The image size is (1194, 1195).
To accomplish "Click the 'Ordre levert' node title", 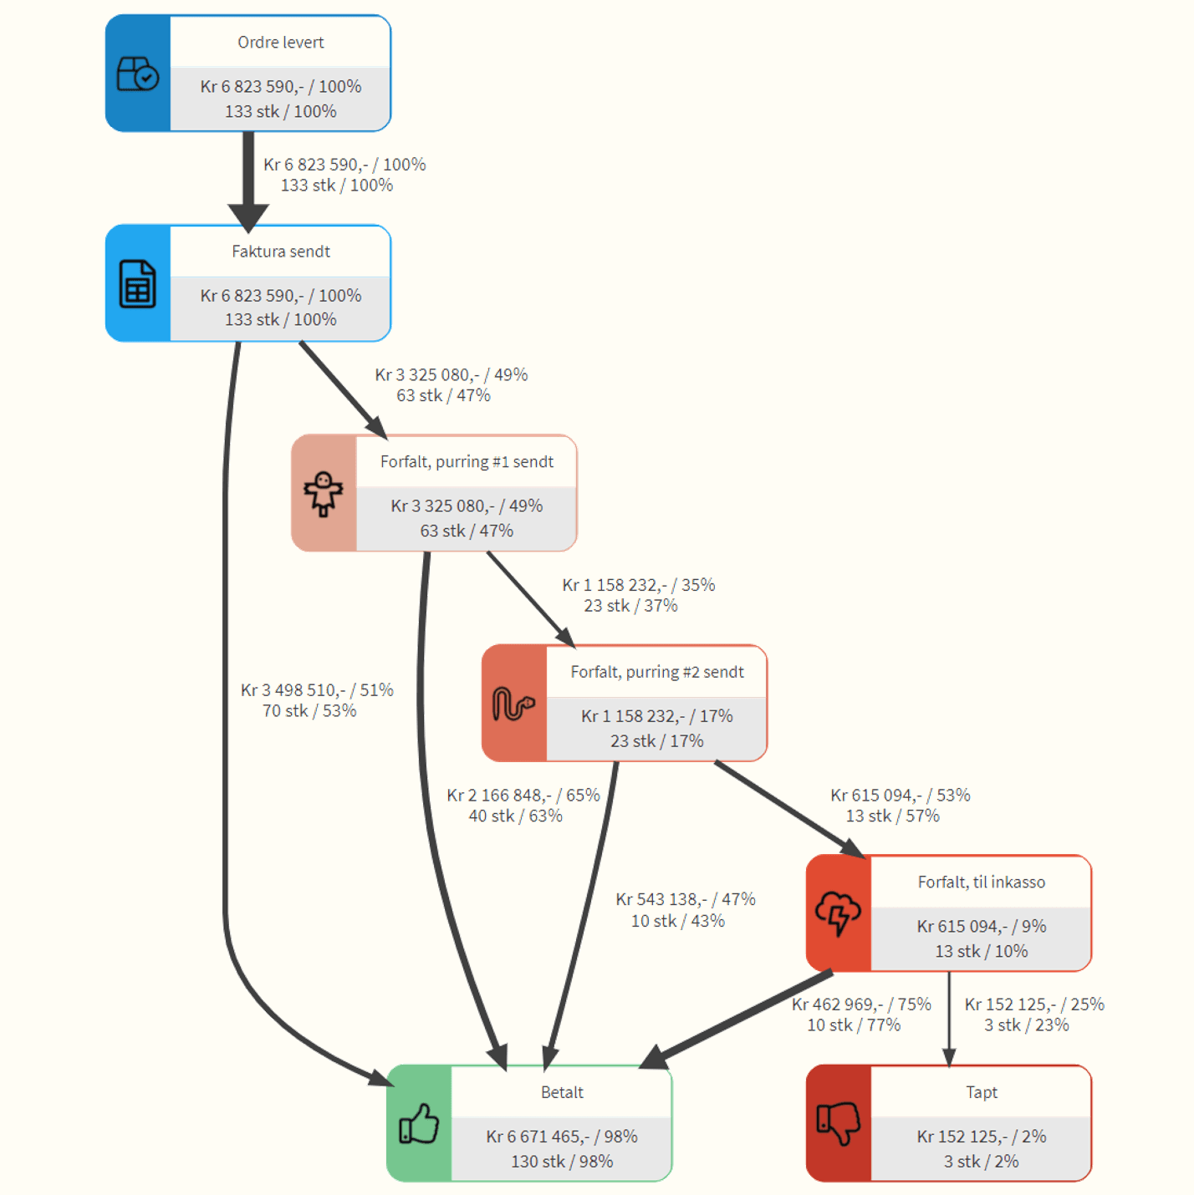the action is tap(280, 42).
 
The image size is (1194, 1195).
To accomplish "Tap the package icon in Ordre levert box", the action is tap(138, 74).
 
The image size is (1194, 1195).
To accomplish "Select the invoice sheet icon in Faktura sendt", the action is tap(137, 283).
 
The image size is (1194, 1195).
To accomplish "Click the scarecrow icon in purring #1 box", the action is tap(324, 494).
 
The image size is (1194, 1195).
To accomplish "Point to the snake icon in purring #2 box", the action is tap(513, 704).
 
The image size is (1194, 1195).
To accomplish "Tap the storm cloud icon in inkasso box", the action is tap(838, 913).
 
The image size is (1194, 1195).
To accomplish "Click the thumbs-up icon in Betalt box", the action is tap(419, 1123).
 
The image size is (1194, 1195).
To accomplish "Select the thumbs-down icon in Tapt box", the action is tap(839, 1123).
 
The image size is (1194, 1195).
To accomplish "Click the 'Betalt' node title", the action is tap(562, 1092).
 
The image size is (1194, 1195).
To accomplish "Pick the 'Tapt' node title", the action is tap(981, 1092).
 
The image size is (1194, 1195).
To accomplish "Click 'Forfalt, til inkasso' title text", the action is tap(981, 882).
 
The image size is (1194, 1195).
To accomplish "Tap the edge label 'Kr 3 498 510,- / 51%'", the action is tap(317, 689).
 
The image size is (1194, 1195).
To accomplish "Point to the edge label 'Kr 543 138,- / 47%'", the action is tap(685, 898).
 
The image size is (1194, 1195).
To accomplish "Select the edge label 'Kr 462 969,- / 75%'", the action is tap(861, 1004).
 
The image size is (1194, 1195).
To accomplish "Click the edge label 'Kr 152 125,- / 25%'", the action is tap(1034, 1004).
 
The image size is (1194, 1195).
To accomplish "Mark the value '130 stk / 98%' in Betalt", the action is tap(562, 1161).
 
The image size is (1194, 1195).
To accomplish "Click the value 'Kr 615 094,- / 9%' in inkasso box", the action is tap(981, 926).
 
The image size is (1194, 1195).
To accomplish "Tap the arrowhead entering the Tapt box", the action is tap(949, 1057).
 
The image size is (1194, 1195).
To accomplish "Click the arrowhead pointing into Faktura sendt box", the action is tap(248, 218).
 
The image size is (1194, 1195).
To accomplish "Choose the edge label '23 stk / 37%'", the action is tap(630, 605).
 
